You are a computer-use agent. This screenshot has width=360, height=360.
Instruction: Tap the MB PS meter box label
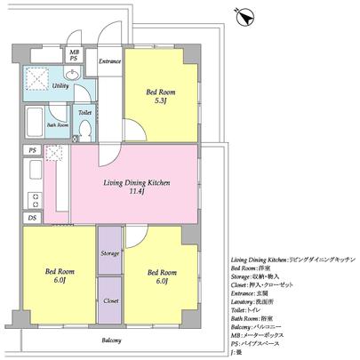(76, 54)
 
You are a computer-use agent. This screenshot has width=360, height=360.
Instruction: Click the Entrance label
(109, 61)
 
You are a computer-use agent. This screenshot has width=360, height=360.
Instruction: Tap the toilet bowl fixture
(84, 130)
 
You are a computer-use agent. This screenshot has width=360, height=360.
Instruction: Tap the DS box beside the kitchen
(32, 218)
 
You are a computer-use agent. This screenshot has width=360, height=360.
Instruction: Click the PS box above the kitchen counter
(32, 151)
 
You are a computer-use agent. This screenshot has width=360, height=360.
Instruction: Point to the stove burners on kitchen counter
(34, 199)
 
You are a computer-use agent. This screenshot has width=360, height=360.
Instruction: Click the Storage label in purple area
(110, 254)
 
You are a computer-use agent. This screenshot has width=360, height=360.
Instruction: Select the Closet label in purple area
(110, 301)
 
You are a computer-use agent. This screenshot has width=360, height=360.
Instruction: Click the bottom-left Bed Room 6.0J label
(57, 277)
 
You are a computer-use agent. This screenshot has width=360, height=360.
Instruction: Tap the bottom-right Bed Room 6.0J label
(160, 277)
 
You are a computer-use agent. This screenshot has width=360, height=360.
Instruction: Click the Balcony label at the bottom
(110, 341)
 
